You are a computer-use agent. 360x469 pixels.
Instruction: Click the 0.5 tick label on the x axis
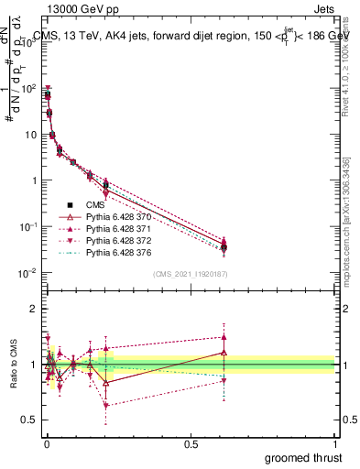(x=191, y=444)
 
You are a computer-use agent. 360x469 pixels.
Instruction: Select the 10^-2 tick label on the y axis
(x=26, y=273)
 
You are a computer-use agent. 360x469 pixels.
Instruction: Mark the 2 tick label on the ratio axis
(x=32, y=309)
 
